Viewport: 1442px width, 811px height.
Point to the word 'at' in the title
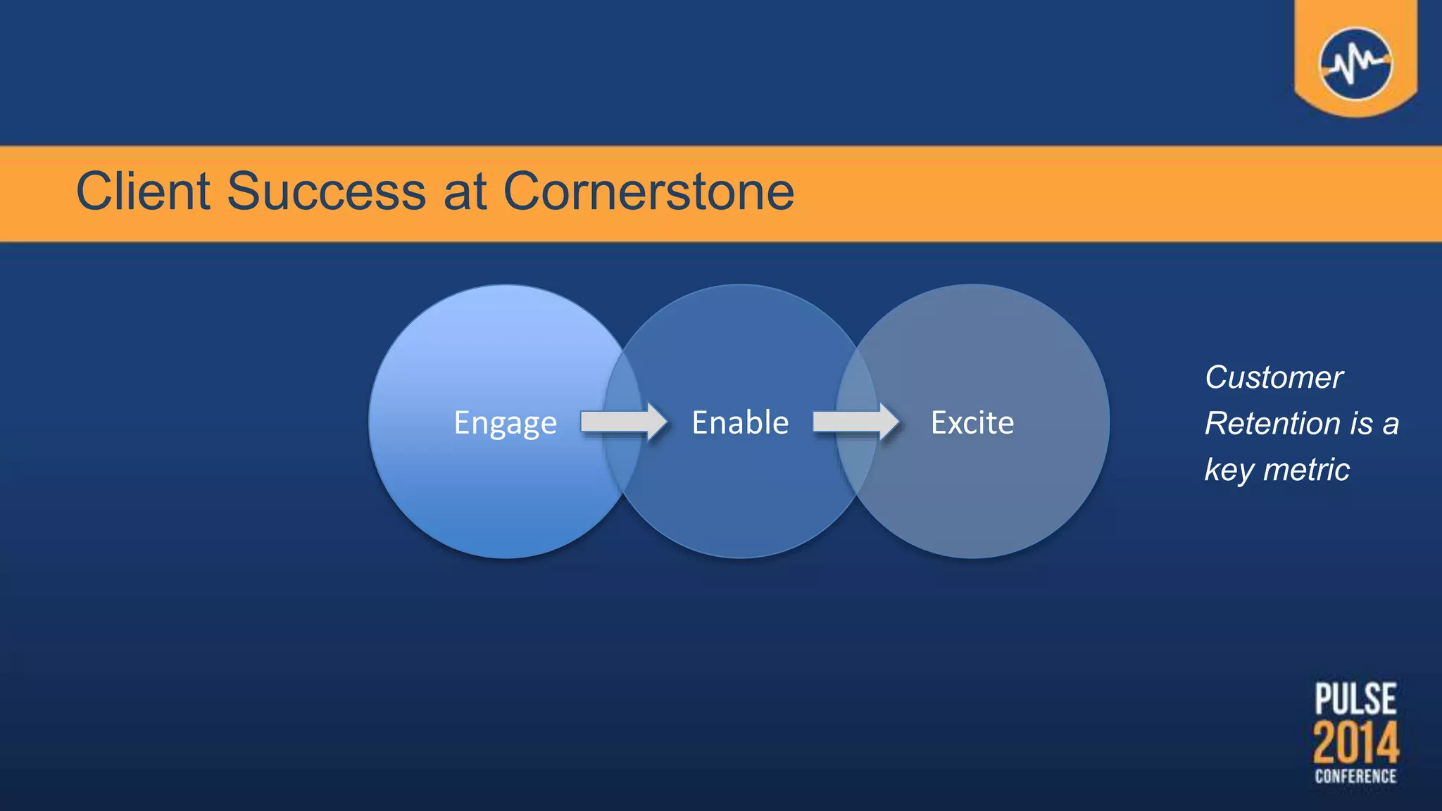(465, 192)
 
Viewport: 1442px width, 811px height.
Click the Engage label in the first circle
(505, 423)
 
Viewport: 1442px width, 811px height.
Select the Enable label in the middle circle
(740, 422)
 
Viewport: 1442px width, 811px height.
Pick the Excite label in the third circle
(972, 422)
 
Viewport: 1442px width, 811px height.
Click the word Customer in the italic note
(1274, 377)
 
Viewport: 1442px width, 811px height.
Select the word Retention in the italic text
(1272, 423)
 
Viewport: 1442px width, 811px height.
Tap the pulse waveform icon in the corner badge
(1355, 63)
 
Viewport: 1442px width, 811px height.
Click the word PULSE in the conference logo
(1355, 698)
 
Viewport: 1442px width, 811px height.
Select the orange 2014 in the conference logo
(1355, 743)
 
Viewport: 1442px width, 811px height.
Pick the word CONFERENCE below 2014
(1355, 777)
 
